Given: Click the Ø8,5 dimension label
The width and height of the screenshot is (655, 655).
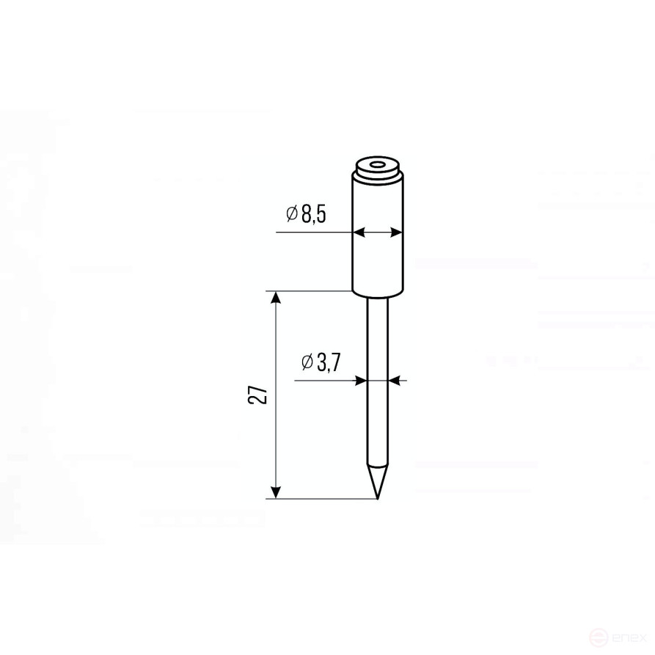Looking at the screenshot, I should coord(306,214).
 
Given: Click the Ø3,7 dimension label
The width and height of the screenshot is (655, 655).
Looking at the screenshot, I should coord(320,362).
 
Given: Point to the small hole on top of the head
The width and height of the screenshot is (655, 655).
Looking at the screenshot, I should coord(378,166).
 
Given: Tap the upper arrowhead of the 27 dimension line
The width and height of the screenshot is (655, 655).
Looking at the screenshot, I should coord(276,298).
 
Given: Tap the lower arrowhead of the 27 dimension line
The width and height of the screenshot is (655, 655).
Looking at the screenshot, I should coord(276,492).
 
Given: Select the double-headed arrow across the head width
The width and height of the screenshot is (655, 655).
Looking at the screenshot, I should coord(378,233).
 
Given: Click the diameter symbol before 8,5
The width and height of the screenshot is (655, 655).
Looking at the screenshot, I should coord(291,214).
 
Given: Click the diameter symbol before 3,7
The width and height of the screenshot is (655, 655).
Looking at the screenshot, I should coord(307,362).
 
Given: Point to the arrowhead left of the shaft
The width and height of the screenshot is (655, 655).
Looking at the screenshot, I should coord(360,381).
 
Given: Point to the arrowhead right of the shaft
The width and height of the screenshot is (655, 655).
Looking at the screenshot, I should coord(395,381).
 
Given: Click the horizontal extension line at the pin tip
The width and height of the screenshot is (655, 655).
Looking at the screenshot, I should coord(323,500).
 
